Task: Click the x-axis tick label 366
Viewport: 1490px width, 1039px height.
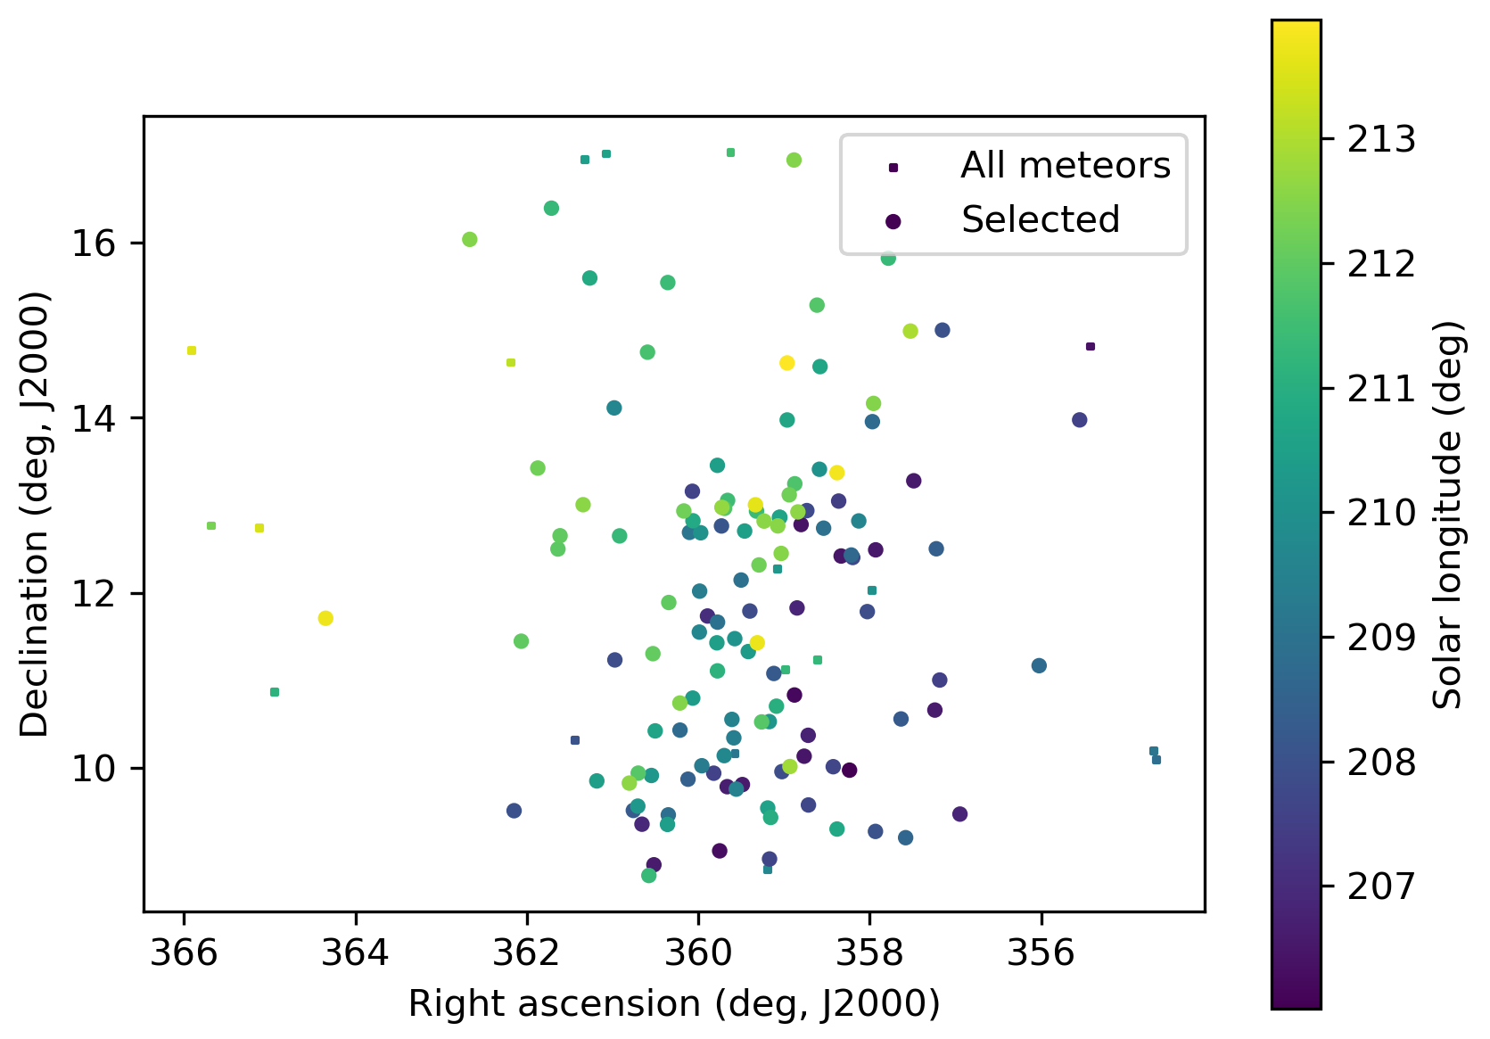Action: (x=184, y=953)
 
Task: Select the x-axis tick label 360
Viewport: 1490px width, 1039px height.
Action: (x=698, y=953)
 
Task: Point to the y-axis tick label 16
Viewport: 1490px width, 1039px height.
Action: (x=95, y=243)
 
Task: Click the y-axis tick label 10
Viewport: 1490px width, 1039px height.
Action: (x=95, y=769)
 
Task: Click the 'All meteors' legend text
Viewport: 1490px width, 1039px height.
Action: (x=1065, y=166)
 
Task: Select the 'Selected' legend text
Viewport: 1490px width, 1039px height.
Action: (x=1040, y=219)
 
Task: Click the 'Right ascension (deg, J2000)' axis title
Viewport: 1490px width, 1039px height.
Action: (x=674, y=1004)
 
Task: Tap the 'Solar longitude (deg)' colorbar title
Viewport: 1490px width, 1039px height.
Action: (x=1448, y=515)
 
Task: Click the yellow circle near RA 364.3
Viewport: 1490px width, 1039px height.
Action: (x=325, y=618)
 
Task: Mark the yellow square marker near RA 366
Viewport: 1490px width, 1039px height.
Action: (x=192, y=350)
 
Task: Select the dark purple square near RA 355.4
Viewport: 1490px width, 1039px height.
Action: (x=1090, y=346)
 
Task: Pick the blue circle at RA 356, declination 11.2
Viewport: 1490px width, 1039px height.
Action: (x=1039, y=665)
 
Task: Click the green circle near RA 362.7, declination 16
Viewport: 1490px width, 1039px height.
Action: (x=470, y=239)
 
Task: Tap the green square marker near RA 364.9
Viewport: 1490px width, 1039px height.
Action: (x=275, y=692)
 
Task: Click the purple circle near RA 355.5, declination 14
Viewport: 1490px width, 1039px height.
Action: (x=1080, y=420)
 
